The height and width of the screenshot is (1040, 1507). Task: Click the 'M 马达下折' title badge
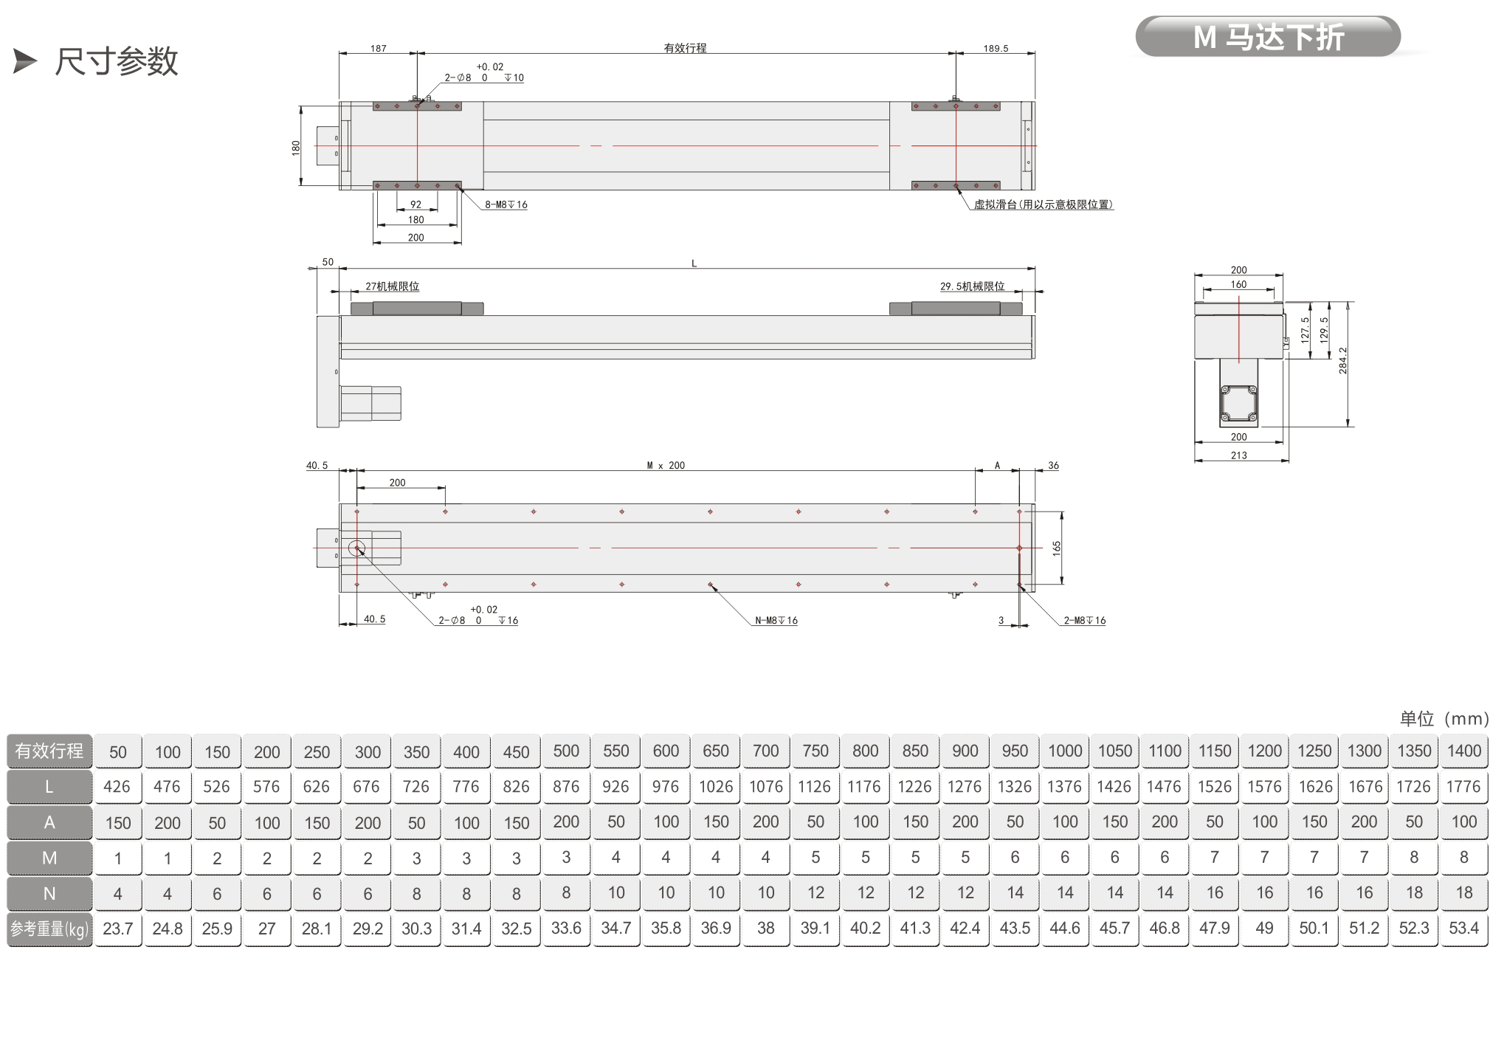[x=1267, y=36]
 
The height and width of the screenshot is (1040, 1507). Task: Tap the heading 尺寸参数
[x=117, y=61]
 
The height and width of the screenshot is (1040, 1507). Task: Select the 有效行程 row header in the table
[x=49, y=751]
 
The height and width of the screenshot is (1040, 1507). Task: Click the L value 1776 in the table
[x=1463, y=787]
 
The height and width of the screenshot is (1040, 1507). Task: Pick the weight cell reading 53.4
[x=1463, y=929]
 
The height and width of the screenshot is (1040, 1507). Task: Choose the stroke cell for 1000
[x=1065, y=751]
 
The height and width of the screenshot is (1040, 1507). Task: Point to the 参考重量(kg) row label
[x=49, y=929]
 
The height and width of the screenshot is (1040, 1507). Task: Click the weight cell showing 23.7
[x=118, y=929]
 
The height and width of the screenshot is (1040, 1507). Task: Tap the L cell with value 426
[x=118, y=787]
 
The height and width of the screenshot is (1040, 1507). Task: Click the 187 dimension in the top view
[x=379, y=48]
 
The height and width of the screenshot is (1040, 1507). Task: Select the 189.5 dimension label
[x=996, y=48]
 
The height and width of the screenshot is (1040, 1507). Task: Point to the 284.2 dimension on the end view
[x=1343, y=360]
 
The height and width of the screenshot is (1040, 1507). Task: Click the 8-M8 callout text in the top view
[x=506, y=204]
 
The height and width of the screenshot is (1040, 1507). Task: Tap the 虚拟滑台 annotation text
[x=1043, y=204]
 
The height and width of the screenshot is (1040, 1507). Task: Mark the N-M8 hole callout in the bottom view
[x=776, y=621]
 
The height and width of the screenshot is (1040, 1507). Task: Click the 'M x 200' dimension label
[x=666, y=465]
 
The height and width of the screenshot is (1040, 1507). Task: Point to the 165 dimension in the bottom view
[x=1057, y=548]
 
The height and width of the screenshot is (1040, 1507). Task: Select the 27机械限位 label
[x=393, y=286]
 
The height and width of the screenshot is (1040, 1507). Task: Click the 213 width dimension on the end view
[x=1239, y=455]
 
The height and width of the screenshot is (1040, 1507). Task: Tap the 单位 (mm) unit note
[x=1444, y=718]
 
